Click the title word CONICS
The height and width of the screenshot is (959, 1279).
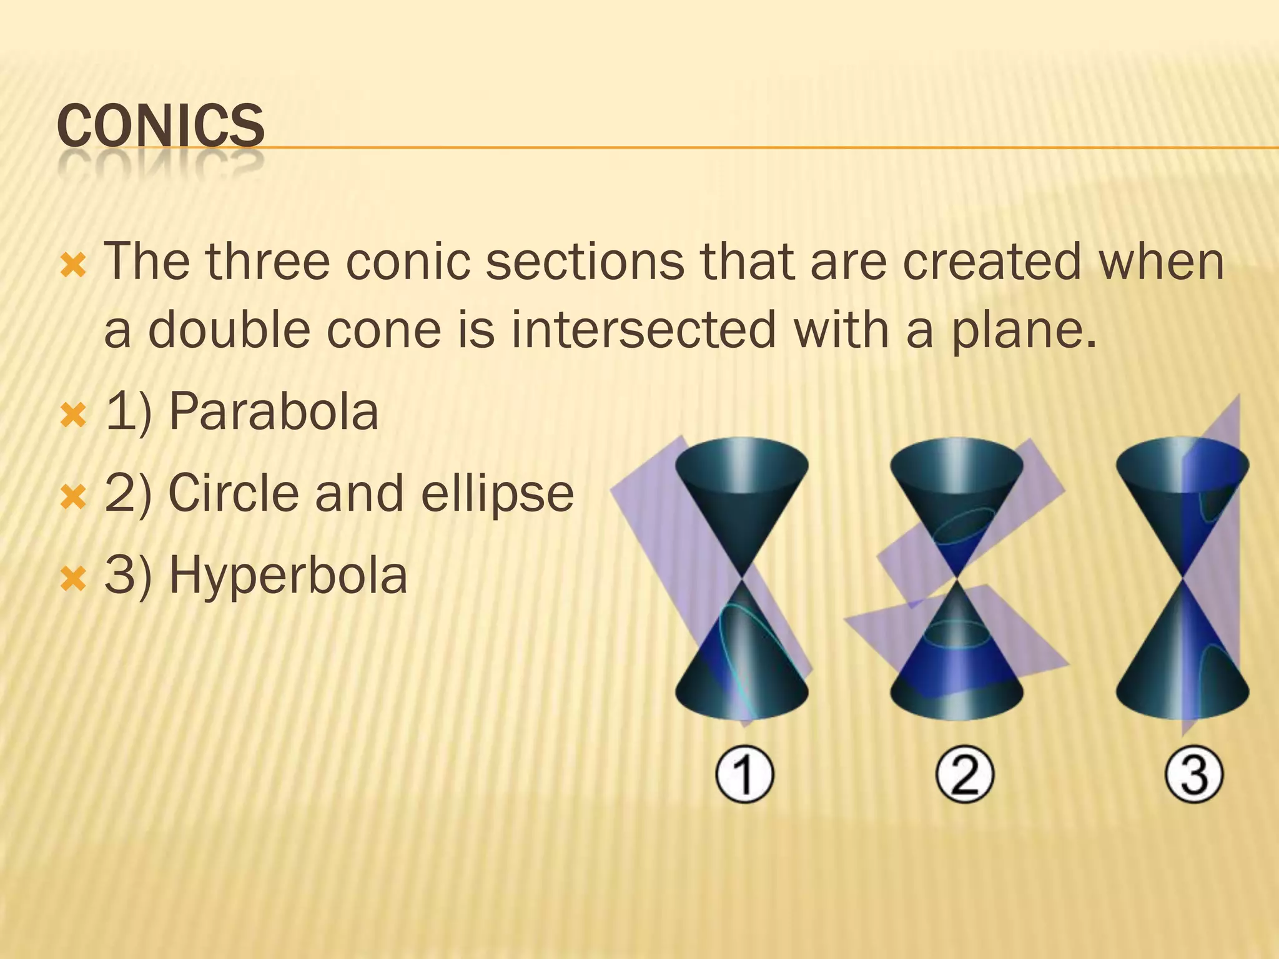tap(160, 126)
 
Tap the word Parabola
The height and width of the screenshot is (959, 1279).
tap(274, 412)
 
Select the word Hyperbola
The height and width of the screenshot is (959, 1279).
tap(288, 575)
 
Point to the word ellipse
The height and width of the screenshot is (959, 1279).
tap(497, 493)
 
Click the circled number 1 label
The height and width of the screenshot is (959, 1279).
tap(744, 775)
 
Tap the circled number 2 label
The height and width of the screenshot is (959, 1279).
tap(964, 775)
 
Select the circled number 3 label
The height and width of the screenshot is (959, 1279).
tap(1193, 775)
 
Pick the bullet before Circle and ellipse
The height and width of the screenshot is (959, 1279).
tap(73, 497)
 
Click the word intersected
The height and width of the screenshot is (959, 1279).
tap(643, 329)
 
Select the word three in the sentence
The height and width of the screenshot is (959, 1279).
tap(267, 262)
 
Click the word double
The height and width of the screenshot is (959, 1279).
tap(229, 329)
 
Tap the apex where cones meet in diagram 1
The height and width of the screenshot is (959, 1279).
tap(742, 578)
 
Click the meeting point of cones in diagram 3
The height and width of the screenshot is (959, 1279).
tap(1182, 578)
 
